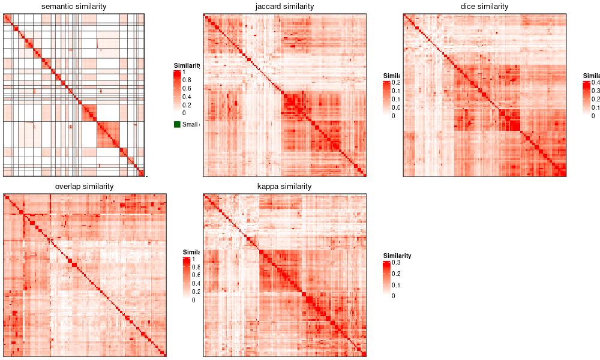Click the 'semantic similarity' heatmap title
click(74, 7)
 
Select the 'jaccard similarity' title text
click(284, 7)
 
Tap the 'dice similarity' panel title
click(484, 7)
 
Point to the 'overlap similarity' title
click(84, 187)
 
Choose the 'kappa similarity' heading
click(284, 187)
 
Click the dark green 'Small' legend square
click(177, 124)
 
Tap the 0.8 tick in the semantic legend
click(187, 80)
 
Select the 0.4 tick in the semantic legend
click(187, 97)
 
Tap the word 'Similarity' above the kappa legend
click(397, 256)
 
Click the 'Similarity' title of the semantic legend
click(187, 65)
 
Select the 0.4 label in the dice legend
click(596, 83)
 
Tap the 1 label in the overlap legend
click(193, 260)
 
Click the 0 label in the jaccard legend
click(394, 116)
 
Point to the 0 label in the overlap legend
click(193, 300)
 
